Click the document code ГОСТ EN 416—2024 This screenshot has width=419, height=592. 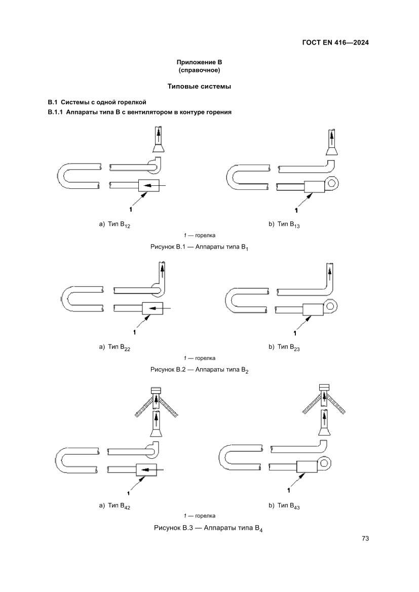pyautogui.click(x=332, y=43)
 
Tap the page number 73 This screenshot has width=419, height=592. pyautogui.click(x=365, y=538)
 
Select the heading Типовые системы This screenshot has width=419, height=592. pyautogui.click(x=199, y=87)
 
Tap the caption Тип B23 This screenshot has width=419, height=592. pyautogui.click(x=284, y=347)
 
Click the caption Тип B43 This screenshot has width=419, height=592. pyautogui.click(x=284, y=506)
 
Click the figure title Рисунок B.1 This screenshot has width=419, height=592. pyautogui.click(x=199, y=247)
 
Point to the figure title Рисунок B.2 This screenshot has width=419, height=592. pyautogui.click(x=199, y=370)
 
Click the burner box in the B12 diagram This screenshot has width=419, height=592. pyautogui.click(x=149, y=186)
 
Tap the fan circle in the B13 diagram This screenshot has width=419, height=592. pyautogui.click(x=332, y=183)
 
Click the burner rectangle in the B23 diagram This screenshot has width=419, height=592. pyautogui.click(x=313, y=309)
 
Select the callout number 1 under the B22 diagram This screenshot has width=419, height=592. pyautogui.click(x=134, y=333)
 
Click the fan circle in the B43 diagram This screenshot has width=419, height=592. pyautogui.click(x=324, y=462)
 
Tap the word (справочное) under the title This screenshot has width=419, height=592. pyautogui.click(x=199, y=70)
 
